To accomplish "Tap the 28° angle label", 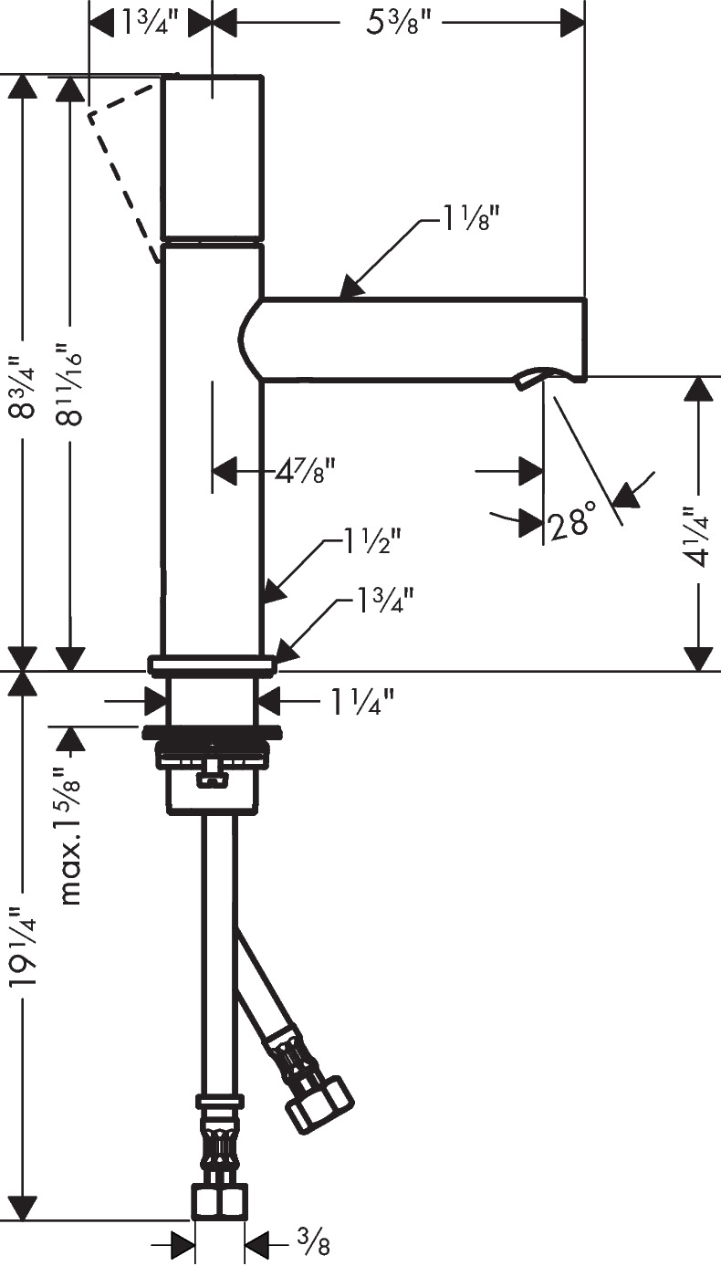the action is (x=571, y=522).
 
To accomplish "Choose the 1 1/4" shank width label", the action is (x=361, y=703).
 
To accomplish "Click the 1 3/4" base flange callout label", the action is (x=386, y=602).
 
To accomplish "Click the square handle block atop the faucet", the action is (x=213, y=158).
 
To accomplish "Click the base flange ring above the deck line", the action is (x=213, y=665).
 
